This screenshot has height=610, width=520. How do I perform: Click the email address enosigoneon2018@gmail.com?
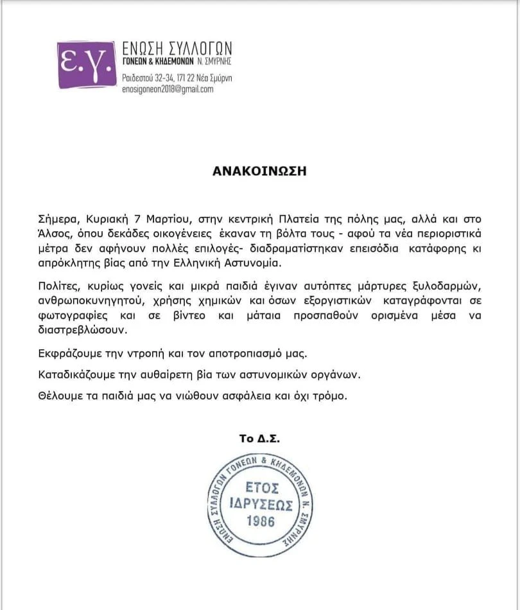(168, 90)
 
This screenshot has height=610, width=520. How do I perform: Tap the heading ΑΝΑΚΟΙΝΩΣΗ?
(259, 172)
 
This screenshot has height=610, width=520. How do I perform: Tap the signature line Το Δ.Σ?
(259, 439)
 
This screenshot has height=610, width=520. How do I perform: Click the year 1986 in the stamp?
(259, 520)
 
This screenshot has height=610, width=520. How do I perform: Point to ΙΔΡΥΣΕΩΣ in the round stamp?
(259, 502)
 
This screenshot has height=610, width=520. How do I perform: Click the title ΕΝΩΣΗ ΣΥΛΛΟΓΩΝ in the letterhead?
(177, 48)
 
